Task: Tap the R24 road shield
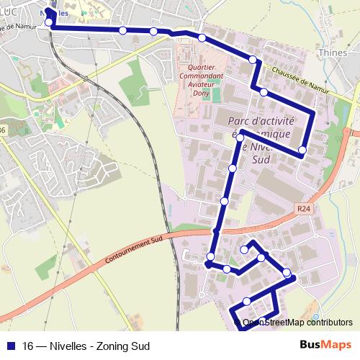pyautogui.click(x=304, y=208)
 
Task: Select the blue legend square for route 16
pyautogui.click(x=11, y=346)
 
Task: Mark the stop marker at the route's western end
pyautogui.click(x=49, y=22)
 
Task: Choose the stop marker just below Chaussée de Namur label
pyautogui.click(x=264, y=92)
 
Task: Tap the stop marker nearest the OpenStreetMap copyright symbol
pyautogui.click(x=247, y=301)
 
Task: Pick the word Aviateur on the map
pyautogui.click(x=202, y=84)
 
